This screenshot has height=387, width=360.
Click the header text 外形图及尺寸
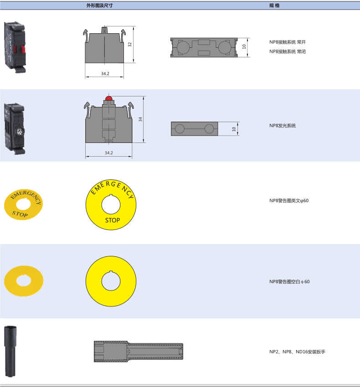click(x=100, y=5)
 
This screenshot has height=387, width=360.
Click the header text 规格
click(x=274, y=5)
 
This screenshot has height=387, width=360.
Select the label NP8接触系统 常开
click(x=288, y=42)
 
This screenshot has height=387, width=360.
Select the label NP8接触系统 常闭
click(x=288, y=51)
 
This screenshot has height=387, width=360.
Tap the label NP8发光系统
click(x=283, y=126)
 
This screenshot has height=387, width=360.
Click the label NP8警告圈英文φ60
click(x=289, y=201)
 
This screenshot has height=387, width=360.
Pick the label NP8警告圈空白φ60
click(x=289, y=282)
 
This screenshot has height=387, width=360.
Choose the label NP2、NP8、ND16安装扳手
click(x=297, y=351)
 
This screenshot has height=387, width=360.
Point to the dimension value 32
click(x=130, y=45)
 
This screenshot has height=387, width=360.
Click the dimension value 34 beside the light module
click(x=140, y=119)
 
